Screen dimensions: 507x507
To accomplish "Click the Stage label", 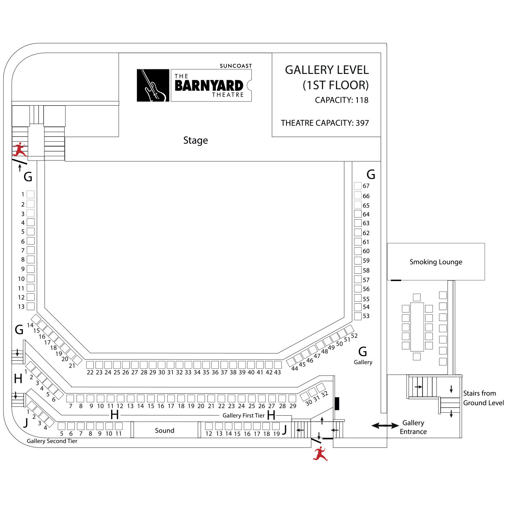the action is [x=195, y=140].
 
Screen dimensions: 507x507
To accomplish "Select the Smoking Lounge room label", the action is [x=436, y=262].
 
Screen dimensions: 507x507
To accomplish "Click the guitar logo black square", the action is [x=153, y=85].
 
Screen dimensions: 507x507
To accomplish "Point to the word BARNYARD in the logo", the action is [x=209, y=85].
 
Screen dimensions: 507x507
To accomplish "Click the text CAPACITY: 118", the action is [x=341, y=100].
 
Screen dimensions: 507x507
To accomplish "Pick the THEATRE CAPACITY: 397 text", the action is [x=324, y=123].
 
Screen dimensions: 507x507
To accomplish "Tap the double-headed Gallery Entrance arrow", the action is [x=384, y=426].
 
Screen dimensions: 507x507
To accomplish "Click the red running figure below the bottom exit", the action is [x=320, y=454].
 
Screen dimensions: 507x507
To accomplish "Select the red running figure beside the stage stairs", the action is [x=20, y=150].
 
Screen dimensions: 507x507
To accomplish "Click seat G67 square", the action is [x=357, y=186].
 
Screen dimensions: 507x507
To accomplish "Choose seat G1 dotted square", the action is [x=30, y=194].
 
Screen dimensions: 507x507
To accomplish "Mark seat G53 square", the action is [x=357, y=316].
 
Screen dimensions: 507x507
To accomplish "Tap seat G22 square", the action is [x=90, y=365].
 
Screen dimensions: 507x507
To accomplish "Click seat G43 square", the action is [x=278, y=365].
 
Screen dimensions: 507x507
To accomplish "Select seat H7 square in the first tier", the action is [x=70, y=398].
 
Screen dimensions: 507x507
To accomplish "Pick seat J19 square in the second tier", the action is [x=276, y=426].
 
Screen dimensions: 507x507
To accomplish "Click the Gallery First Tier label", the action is [x=243, y=415].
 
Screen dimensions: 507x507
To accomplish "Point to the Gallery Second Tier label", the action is [x=52, y=441].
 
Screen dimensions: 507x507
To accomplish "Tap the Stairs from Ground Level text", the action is [x=483, y=398].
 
